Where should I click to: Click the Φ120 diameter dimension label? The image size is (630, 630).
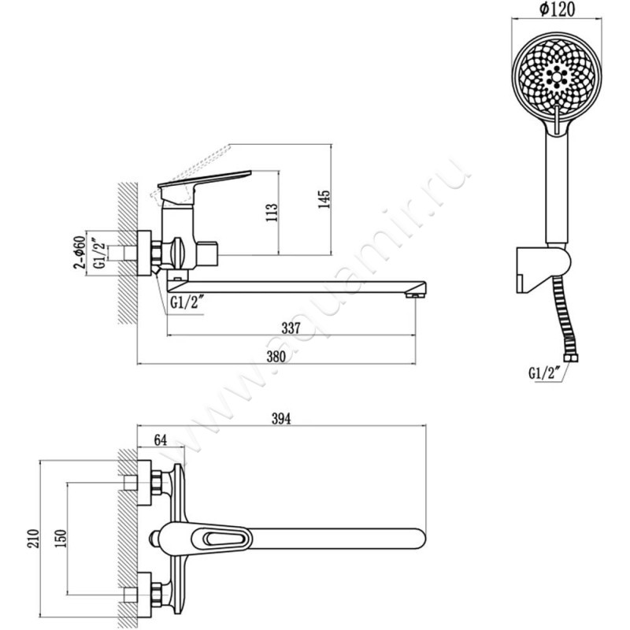pos(558,9)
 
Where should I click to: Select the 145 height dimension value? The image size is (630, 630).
pos(324,199)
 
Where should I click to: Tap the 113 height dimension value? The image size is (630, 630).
pos(272,212)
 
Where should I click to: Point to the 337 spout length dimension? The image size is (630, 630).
pos(291,328)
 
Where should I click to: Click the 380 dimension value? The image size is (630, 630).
pos(276,357)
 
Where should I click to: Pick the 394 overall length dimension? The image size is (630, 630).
pos(281,419)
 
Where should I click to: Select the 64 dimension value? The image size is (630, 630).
pos(161,439)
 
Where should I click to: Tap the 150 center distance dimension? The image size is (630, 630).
pos(61,539)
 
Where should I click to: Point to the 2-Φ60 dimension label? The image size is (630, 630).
pos(80,252)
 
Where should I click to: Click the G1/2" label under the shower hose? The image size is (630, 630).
pos(544,373)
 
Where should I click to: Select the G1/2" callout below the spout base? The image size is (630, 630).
pos(186,302)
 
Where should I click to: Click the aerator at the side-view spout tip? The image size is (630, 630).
pos(415,295)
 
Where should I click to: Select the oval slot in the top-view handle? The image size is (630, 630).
pos(223,538)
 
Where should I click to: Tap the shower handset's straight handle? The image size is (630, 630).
pos(557,189)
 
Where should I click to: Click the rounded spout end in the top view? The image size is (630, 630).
pos(420,539)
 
